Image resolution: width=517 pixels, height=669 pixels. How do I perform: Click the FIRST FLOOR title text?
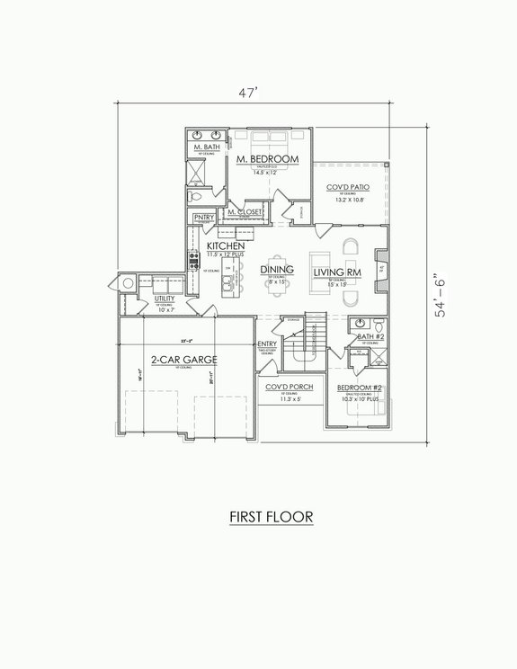[x=260, y=518]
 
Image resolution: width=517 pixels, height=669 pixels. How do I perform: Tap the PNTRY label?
[x=204, y=217]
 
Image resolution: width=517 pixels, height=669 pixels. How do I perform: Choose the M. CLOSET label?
[x=245, y=212]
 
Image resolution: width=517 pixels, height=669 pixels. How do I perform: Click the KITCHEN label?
[x=227, y=245]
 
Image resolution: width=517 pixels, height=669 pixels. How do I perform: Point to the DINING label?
[x=277, y=270]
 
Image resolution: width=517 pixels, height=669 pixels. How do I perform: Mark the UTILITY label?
[x=165, y=298]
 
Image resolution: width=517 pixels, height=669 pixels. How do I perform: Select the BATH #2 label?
[x=370, y=336]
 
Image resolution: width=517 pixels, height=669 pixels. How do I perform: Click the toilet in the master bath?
[x=198, y=194]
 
